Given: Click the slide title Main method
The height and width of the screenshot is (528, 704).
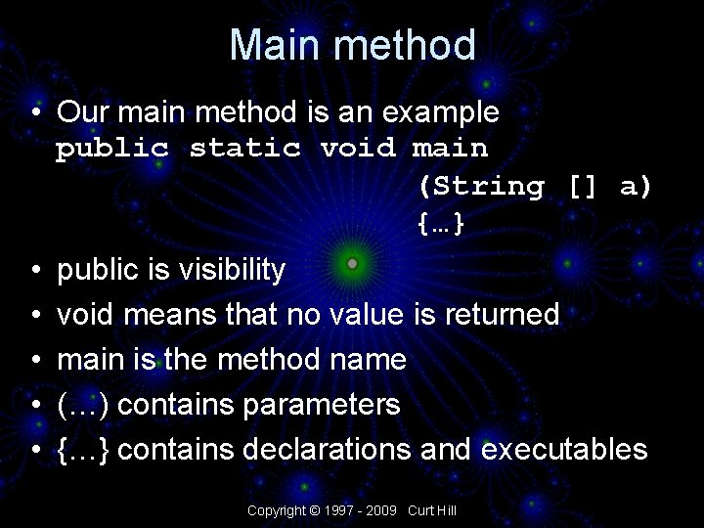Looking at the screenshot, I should (353, 46).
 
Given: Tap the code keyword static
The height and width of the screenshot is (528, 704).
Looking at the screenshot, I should (244, 149).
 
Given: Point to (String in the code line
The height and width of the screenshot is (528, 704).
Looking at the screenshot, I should (481, 186).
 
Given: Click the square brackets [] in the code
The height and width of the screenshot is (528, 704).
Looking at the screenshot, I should (583, 186).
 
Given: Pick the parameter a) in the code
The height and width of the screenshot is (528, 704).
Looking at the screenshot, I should (636, 186).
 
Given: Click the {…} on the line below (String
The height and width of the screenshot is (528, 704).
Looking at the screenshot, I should (440, 224).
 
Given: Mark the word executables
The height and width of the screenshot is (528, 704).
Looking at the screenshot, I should (564, 449).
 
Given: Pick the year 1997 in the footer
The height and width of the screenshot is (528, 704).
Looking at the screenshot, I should (338, 510).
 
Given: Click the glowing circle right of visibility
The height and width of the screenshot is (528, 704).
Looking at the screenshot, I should (353, 264).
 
